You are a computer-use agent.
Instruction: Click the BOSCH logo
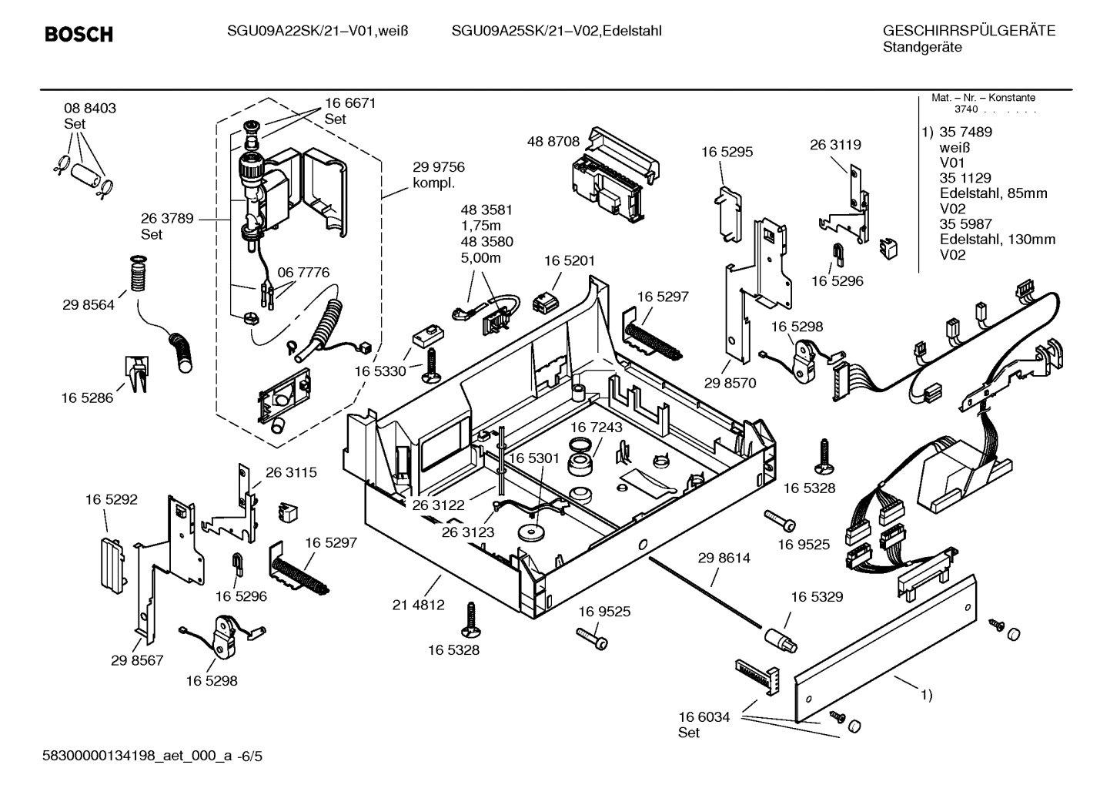point(79,34)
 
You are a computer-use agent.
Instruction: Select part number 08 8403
point(90,109)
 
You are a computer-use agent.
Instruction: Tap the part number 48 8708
point(553,141)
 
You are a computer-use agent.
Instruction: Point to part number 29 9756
point(439,167)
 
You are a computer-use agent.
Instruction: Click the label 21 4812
point(419,605)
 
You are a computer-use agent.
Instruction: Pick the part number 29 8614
point(724,558)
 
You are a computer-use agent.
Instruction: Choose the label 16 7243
point(597,427)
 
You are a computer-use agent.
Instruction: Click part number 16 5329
point(817,596)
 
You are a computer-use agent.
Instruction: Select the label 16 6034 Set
point(704,724)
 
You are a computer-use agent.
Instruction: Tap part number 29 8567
point(137,660)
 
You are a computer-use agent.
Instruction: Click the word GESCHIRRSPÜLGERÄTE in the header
point(968,31)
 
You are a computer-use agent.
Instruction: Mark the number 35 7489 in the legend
point(965,132)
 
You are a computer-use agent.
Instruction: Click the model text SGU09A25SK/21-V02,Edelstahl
point(557,31)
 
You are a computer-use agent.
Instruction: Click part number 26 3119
point(835,144)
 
